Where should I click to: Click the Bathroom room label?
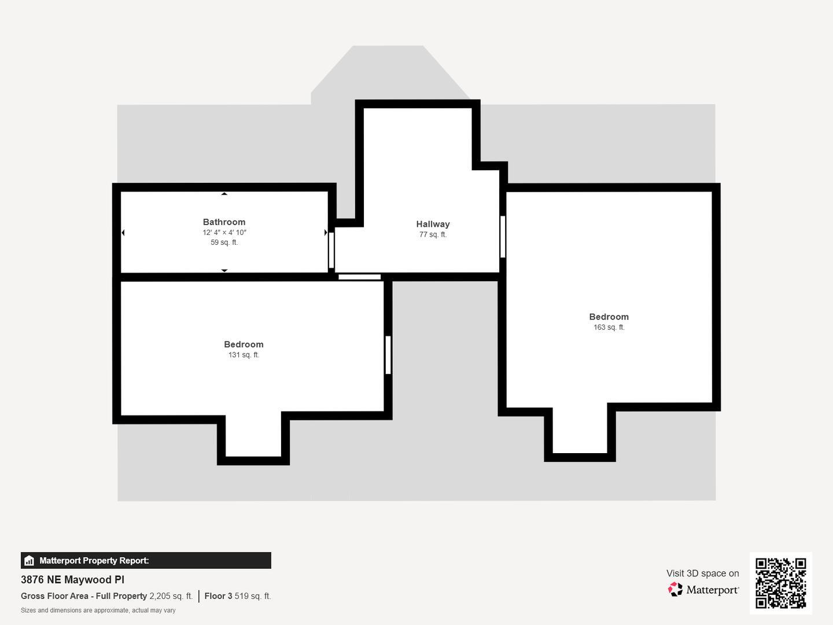tap(224, 222)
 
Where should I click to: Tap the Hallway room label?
tap(433, 224)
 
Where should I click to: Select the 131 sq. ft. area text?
tap(244, 355)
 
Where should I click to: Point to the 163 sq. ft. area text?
tap(609, 327)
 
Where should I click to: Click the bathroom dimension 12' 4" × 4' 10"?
tap(224, 233)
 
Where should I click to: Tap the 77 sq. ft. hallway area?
tap(433, 234)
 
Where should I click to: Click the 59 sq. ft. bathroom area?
tap(224, 242)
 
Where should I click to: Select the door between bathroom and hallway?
tap(331, 250)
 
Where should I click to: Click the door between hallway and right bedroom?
tap(503, 236)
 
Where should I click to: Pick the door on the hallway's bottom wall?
tap(359, 277)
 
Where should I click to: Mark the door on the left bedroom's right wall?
tap(388, 355)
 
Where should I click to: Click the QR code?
tap(780, 583)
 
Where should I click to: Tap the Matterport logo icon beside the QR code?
tap(675, 590)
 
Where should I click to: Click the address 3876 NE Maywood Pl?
tap(72, 580)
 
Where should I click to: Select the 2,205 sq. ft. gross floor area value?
tap(171, 596)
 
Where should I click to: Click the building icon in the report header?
tap(29, 561)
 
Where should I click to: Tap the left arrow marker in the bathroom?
tap(123, 233)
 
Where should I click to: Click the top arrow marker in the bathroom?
tap(224, 194)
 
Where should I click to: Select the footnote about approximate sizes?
tap(98, 611)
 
